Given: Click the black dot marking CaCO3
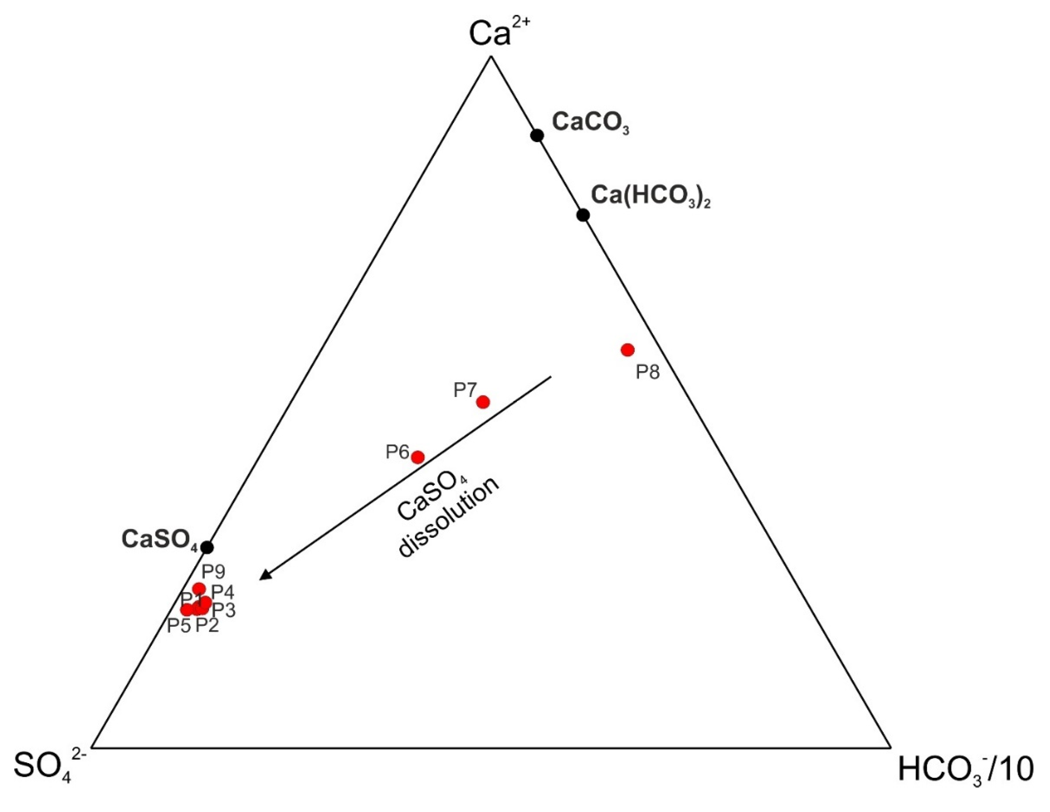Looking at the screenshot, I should coord(537,135).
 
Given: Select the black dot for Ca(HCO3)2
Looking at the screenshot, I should coord(583,215).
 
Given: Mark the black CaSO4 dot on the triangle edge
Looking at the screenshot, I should coord(207,547).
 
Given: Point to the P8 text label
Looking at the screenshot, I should coord(647,372).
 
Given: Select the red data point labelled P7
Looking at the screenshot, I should coord(483,402).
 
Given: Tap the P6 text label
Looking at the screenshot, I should coord(397,452).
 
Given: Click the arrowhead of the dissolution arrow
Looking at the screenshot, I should coord(265,576).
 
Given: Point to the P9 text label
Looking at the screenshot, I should coord(213,571).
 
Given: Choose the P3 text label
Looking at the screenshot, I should coord(224,610).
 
